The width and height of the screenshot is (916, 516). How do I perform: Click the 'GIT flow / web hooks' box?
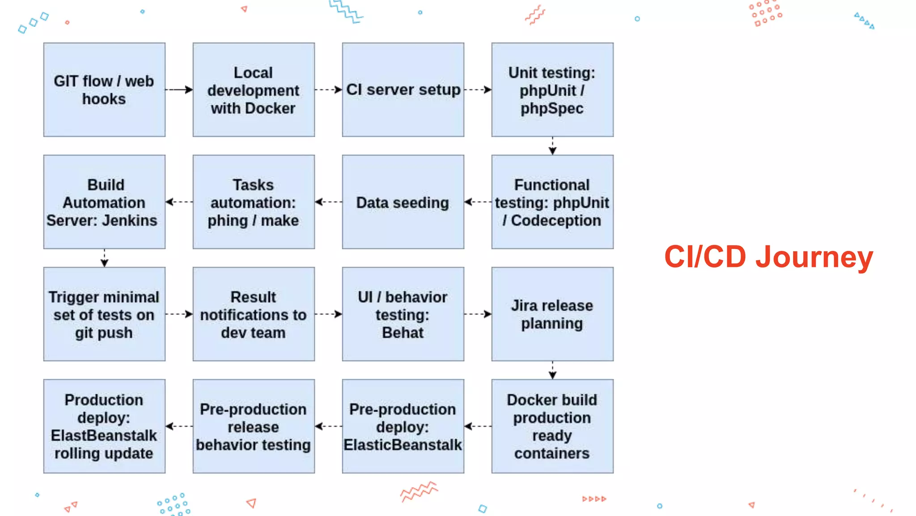click(104, 90)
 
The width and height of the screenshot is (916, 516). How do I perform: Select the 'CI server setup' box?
click(403, 90)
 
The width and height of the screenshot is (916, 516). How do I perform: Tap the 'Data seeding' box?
click(403, 202)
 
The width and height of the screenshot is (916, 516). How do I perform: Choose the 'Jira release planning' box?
click(552, 314)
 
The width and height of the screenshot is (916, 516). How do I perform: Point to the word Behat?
click(403, 333)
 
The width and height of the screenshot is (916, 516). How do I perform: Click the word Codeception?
click(556, 220)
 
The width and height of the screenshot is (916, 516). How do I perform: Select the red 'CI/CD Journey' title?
click(768, 257)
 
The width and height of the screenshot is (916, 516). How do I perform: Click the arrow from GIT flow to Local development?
click(179, 90)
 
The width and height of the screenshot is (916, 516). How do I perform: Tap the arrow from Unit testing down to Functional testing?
click(552, 146)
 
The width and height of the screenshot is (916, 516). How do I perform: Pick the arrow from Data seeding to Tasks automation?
click(328, 202)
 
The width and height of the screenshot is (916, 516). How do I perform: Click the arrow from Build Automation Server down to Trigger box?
click(104, 258)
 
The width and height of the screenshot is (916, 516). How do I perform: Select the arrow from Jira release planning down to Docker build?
click(552, 370)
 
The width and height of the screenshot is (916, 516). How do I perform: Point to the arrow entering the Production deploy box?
click(179, 426)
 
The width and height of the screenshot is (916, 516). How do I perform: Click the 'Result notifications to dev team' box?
click(254, 314)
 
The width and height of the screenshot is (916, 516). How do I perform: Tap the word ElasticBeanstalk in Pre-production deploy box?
click(403, 445)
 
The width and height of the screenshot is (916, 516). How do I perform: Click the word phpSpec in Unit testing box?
click(552, 108)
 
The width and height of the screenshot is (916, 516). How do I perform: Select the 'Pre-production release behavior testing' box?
click(254, 426)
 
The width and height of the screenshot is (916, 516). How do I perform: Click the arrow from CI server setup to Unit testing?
click(478, 90)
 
